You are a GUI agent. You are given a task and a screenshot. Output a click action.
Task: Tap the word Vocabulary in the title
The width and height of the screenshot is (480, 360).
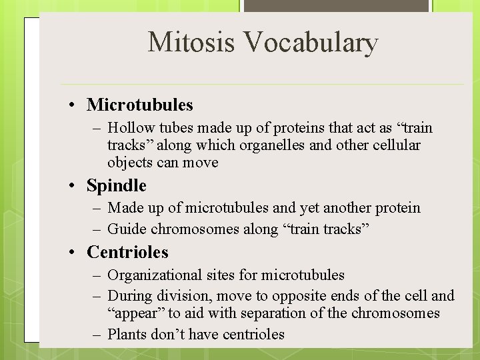(x=311, y=42)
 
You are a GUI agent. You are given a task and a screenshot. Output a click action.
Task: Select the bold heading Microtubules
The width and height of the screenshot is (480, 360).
(x=139, y=105)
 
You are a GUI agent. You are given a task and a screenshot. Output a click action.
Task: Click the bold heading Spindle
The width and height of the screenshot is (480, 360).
(x=116, y=185)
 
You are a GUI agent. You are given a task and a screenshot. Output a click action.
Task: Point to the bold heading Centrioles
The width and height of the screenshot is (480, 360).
(x=127, y=252)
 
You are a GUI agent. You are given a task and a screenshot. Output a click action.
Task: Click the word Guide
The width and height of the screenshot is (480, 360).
(x=127, y=229)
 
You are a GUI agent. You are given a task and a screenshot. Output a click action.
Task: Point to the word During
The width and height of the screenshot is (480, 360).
(x=129, y=295)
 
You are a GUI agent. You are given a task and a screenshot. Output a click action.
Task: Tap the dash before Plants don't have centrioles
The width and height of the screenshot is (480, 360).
(x=97, y=334)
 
